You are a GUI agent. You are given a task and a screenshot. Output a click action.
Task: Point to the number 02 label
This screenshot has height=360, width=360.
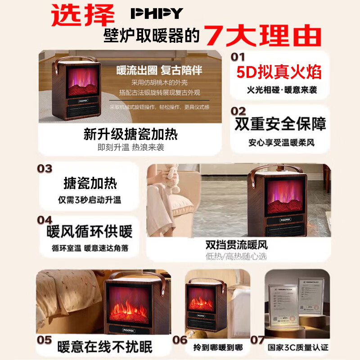[x=238, y=111]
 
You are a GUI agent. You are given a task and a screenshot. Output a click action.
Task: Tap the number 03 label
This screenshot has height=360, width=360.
[x=45, y=169]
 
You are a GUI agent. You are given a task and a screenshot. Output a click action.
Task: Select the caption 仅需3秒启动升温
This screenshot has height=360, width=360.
[x=90, y=200]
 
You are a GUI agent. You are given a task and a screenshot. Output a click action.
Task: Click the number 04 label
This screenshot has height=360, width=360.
[x=45, y=220]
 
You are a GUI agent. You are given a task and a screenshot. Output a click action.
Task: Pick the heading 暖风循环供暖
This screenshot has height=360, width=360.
[x=90, y=232]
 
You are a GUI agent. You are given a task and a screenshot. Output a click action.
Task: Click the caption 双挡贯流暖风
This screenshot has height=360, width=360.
[x=236, y=245]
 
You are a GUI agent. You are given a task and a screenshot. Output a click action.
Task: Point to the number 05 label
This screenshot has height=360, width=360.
[x=45, y=339]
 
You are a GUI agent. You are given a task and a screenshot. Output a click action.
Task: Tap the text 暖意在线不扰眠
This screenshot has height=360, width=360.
[x=105, y=347]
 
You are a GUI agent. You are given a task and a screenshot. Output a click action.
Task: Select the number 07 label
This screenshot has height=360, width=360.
[x=257, y=339]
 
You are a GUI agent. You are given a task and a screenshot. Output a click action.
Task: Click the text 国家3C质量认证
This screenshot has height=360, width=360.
[x=298, y=348]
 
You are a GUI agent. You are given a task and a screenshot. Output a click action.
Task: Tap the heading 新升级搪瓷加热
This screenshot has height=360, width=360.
[x=130, y=134]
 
